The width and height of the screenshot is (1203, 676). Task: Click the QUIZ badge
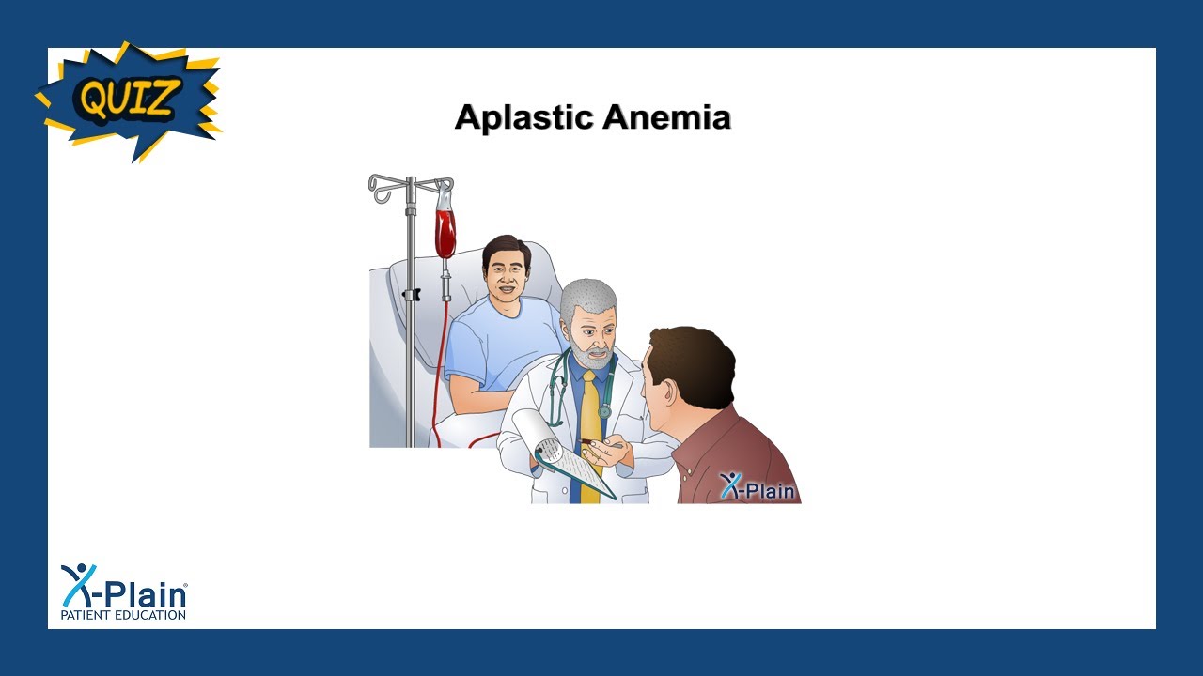tap(129, 99)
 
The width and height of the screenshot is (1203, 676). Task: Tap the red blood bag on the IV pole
tap(445, 231)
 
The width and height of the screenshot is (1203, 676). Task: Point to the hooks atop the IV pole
tap(410, 185)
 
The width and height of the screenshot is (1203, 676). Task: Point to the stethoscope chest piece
tap(605, 410)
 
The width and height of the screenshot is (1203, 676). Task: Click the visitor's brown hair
tap(695, 361)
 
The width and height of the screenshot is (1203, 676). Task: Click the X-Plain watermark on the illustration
tap(758, 486)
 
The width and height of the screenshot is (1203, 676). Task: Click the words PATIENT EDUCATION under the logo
tap(123, 615)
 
